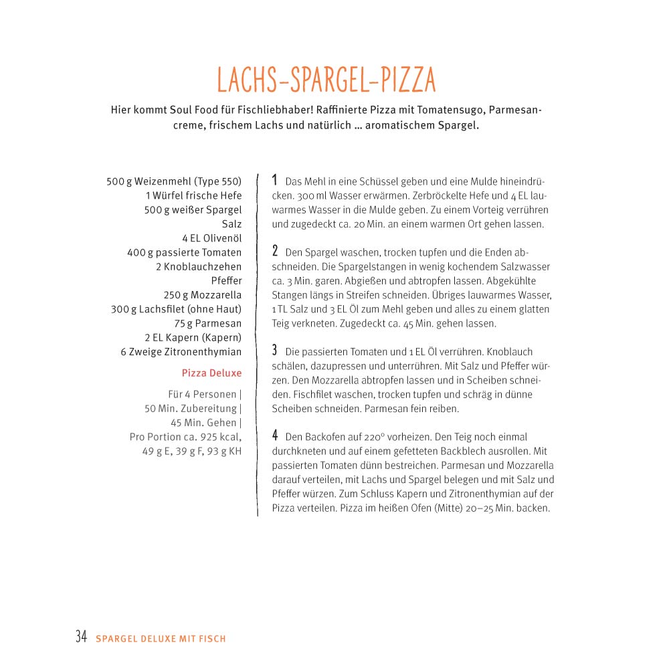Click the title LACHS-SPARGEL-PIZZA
click(326, 80)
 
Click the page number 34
click(82, 637)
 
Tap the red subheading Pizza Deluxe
click(211, 373)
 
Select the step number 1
click(274, 180)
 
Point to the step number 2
click(274, 252)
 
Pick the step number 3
click(274, 350)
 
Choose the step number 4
click(274, 436)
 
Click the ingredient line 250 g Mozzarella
click(203, 295)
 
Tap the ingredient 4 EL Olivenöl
click(211, 238)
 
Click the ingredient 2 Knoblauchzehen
click(199, 266)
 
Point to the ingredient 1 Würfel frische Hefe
click(193, 195)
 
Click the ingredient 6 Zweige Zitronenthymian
click(181, 352)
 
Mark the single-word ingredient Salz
click(231, 224)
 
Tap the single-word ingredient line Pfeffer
click(226, 280)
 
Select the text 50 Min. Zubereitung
click(191, 409)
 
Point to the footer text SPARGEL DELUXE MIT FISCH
click(161, 639)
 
